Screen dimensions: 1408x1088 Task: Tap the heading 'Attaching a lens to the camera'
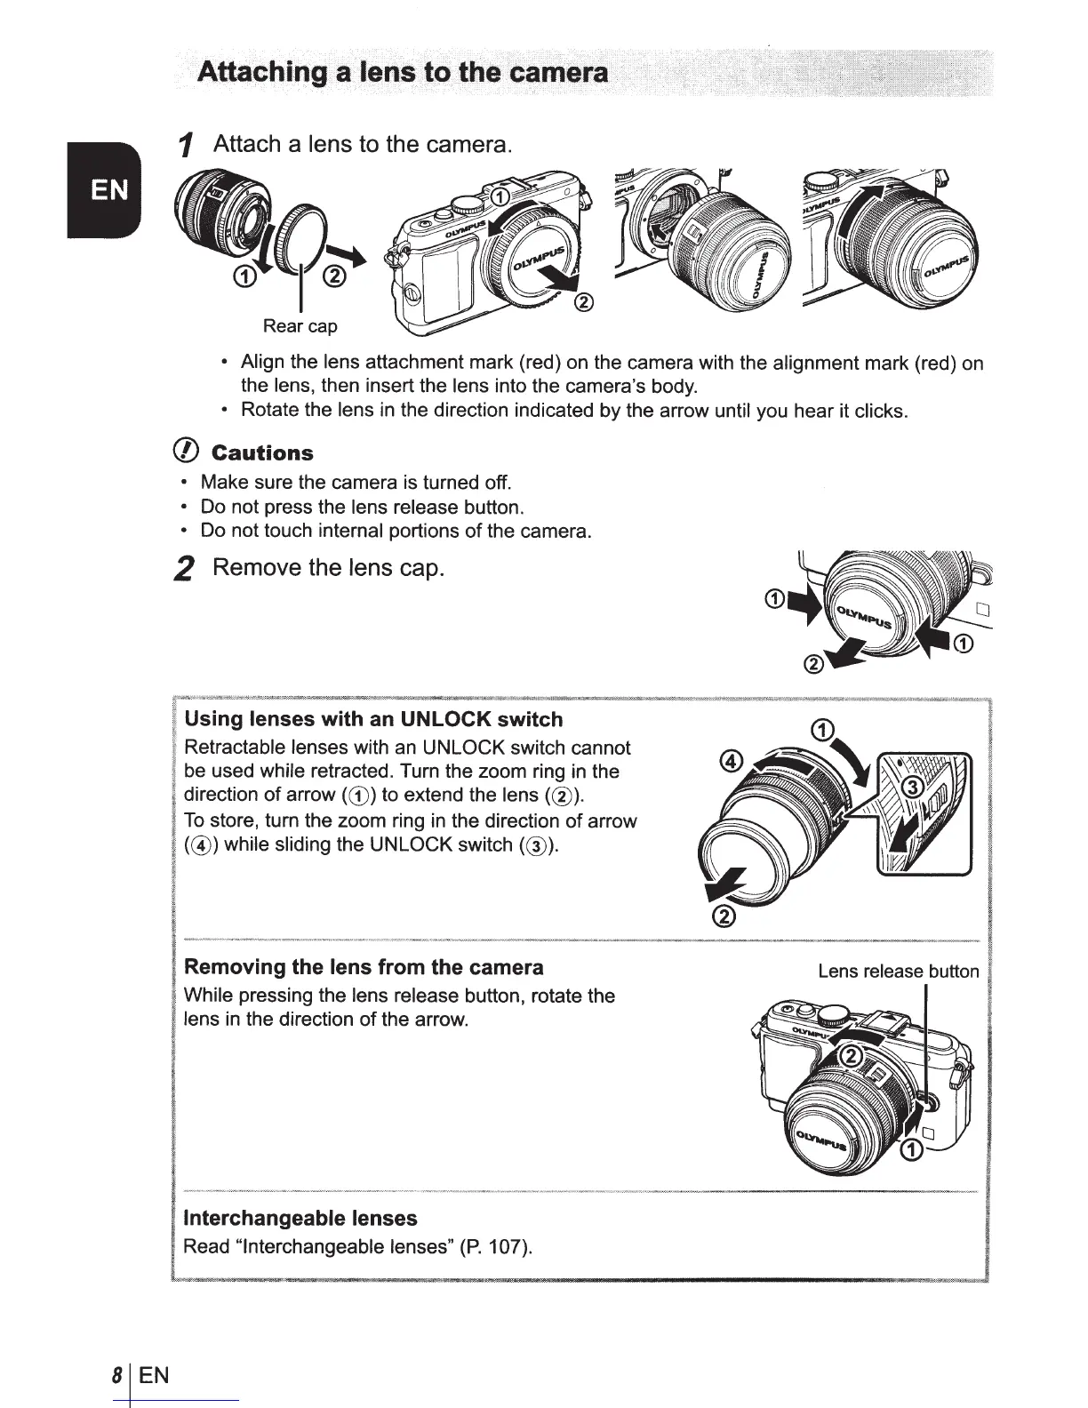point(404,71)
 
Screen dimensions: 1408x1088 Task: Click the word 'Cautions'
point(262,453)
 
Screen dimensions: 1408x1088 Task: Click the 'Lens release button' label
point(898,971)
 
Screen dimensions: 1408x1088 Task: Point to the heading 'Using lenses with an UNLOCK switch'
point(372,719)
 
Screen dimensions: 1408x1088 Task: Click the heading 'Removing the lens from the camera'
point(363,966)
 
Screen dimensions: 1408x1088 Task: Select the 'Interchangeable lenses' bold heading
point(300,1217)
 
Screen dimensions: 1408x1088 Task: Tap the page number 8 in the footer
point(116,1376)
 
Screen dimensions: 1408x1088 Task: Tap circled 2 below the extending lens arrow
point(724,917)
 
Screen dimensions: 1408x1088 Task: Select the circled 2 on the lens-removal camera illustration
point(851,1056)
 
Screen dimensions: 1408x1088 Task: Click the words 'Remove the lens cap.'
point(328,567)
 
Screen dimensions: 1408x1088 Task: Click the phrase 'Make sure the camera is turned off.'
point(356,483)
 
